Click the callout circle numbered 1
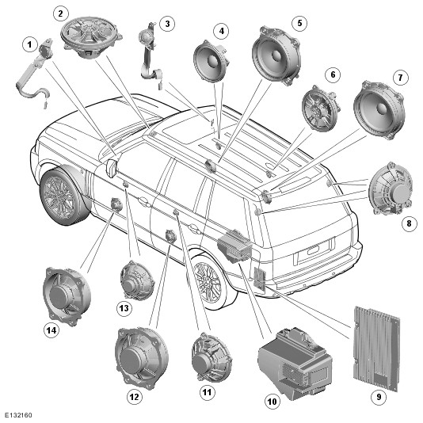[29, 44]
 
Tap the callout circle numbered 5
[299, 23]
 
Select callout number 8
[409, 223]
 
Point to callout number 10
[272, 402]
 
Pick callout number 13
[124, 308]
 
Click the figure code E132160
[18, 415]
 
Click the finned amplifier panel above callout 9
[376, 348]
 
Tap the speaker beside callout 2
[91, 37]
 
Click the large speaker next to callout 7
[379, 110]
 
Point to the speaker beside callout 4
[211, 60]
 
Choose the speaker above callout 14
[67, 295]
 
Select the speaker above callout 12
[141, 358]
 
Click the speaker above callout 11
[211, 357]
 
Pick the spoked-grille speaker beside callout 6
[321, 109]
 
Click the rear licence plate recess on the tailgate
[312, 251]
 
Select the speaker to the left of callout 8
[391, 189]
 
